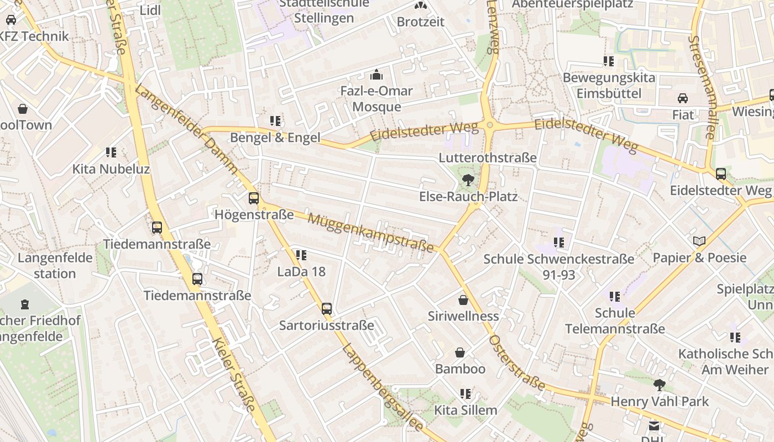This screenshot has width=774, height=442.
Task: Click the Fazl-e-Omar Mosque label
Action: tap(376, 98)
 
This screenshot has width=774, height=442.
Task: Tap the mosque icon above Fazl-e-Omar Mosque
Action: tap(376, 74)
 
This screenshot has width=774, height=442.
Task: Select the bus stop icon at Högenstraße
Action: tap(254, 198)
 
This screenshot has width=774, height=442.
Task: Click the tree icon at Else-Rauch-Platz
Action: tap(468, 179)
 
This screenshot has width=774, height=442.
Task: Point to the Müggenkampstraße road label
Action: tap(371, 233)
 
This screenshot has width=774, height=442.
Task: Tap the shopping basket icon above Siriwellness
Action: tap(463, 300)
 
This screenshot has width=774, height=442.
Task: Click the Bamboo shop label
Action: tap(460, 369)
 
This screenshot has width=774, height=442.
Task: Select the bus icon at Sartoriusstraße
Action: tap(327, 308)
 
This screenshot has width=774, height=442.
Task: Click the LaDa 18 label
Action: tap(301, 271)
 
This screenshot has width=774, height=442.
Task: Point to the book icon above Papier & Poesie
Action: tap(699, 241)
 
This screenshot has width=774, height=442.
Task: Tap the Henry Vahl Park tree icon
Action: tap(659, 385)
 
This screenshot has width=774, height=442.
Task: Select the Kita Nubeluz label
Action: tap(111, 169)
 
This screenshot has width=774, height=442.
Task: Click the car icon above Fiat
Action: tap(683, 98)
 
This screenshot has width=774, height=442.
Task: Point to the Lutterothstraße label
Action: tap(488, 157)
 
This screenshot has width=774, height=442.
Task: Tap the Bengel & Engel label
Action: tap(275, 138)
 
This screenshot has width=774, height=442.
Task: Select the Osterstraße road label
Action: tap(517, 364)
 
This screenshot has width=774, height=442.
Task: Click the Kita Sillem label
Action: tap(466, 410)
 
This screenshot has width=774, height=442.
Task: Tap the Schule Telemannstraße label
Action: tap(615, 321)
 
